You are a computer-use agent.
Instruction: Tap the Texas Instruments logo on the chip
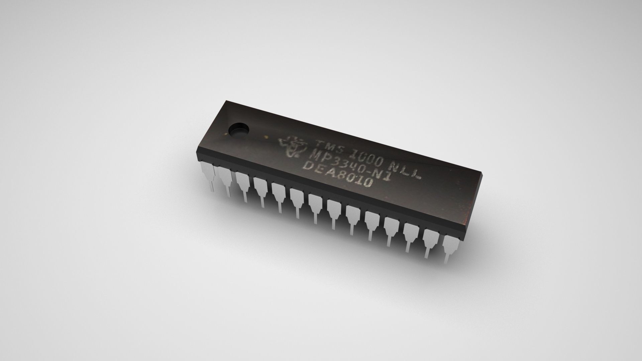292,149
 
